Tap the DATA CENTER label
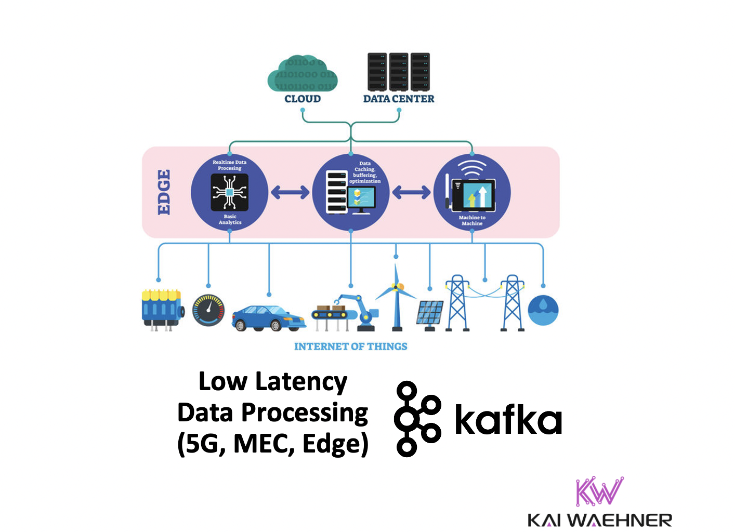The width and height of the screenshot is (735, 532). tap(398, 99)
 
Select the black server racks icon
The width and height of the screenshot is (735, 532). tap(399, 71)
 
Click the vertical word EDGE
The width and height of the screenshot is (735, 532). tap(164, 192)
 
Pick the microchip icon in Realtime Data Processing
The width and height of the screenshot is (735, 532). tap(229, 192)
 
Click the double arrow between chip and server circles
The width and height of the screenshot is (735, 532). tap(290, 192)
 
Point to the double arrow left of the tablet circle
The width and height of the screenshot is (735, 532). tap(411, 192)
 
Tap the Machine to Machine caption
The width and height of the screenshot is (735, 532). tap(472, 220)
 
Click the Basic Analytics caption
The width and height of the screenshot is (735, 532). tap(230, 219)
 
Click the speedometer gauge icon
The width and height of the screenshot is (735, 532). tap(208, 310)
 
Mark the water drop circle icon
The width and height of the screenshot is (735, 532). tap(543, 310)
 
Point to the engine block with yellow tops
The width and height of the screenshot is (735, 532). tap(162, 309)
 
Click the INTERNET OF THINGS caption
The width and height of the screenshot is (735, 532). tap(351, 347)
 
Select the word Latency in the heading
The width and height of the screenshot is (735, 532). tap(301, 382)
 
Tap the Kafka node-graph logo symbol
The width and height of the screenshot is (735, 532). tap(417, 419)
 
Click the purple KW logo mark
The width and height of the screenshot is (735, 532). tap(599, 491)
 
